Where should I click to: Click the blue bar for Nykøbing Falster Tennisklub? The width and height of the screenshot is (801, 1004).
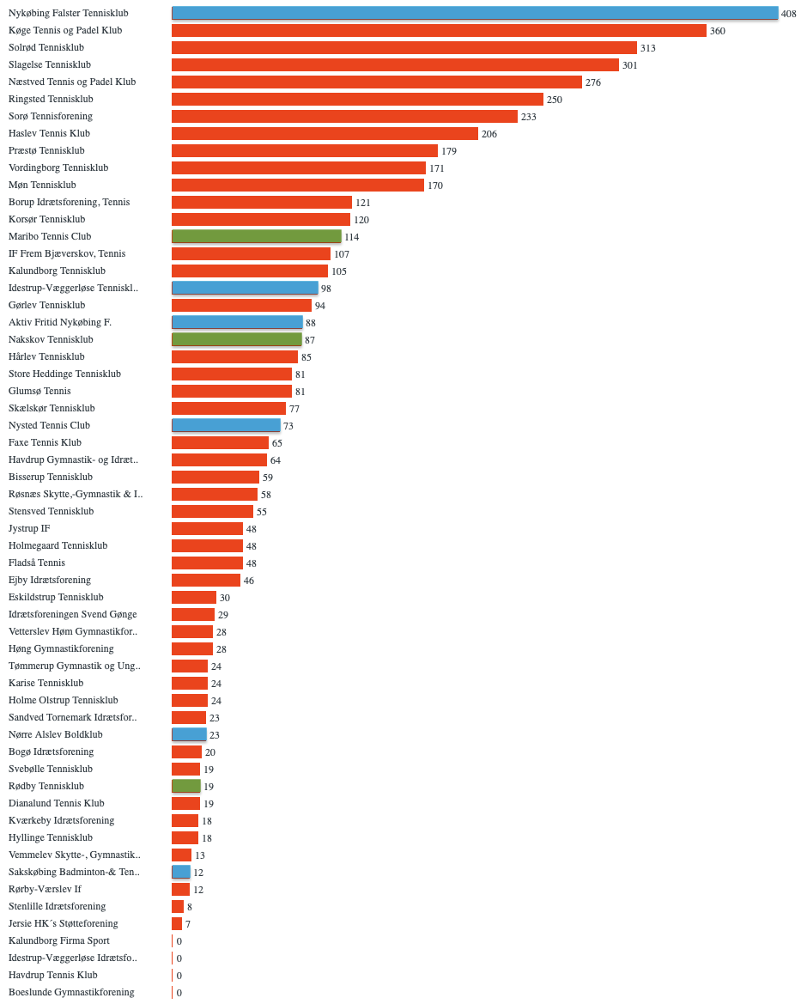click(x=475, y=13)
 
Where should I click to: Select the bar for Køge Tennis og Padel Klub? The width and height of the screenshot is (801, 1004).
click(x=439, y=30)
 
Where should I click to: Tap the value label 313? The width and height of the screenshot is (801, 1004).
click(x=648, y=48)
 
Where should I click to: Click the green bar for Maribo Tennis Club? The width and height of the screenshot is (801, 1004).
click(x=257, y=236)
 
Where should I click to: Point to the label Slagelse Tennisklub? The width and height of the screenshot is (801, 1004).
click(x=50, y=64)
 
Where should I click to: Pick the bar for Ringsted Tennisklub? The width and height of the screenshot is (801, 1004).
click(x=357, y=99)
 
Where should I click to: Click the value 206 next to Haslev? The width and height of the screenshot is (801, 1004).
click(x=489, y=134)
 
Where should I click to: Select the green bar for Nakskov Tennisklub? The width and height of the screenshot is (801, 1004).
click(x=237, y=339)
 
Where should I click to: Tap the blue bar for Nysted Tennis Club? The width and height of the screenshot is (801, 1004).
click(x=227, y=425)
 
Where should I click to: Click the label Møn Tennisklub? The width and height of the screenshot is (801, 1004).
click(x=42, y=185)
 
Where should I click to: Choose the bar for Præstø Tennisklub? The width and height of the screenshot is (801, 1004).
click(x=305, y=150)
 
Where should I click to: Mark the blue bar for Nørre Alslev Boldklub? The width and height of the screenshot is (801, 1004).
click(x=190, y=734)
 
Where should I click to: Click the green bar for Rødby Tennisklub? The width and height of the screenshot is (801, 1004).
click(x=186, y=786)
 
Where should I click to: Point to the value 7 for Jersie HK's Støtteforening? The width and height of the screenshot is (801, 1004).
click(x=188, y=924)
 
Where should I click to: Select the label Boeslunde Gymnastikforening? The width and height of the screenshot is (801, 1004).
click(x=71, y=992)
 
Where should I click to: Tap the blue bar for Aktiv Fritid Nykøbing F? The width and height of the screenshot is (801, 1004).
click(x=238, y=322)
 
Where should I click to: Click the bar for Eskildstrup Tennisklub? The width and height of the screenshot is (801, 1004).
click(x=194, y=597)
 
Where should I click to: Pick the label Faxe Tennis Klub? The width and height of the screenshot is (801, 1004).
click(x=45, y=442)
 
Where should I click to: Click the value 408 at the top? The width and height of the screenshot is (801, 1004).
click(x=789, y=14)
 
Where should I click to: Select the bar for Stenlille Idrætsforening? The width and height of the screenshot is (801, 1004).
click(x=178, y=906)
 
